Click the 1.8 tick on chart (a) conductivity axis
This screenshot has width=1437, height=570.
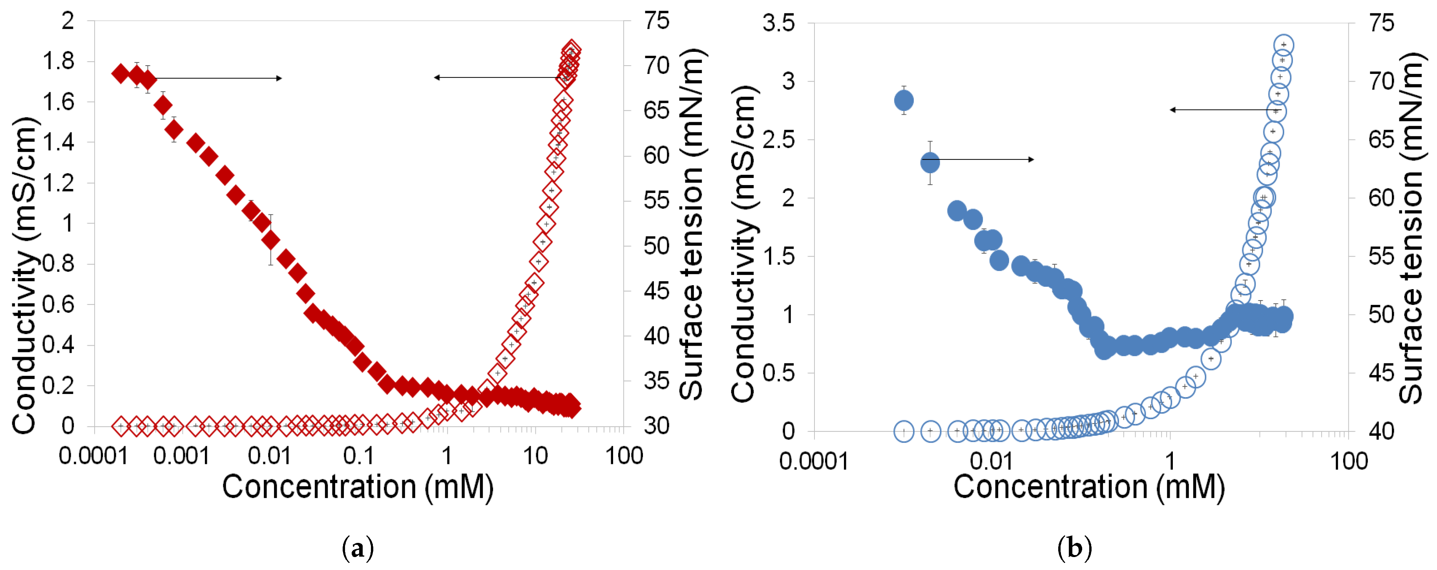(x=58, y=61)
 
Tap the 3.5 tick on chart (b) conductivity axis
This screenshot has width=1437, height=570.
(x=778, y=24)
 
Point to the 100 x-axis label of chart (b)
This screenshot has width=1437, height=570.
(x=1349, y=462)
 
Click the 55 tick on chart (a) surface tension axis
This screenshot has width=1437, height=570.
(x=657, y=200)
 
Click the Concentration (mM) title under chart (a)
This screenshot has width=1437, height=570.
(x=358, y=487)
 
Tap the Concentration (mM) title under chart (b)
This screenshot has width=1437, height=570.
(x=1088, y=487)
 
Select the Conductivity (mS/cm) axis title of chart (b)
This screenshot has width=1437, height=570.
(x=743, y=244)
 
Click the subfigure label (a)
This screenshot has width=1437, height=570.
(x=357, y=548)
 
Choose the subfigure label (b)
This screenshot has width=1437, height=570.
(x=1074, y=548)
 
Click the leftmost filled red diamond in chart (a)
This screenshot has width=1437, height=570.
(x=121, y=73)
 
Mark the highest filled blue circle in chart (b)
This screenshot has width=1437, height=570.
(x=904, y=101)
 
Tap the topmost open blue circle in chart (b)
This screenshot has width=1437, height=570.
(x=1284, y=45)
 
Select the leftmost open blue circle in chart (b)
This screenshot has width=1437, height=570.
(x=904, y=431)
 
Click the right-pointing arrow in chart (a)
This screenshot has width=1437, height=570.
(x=217, y=78)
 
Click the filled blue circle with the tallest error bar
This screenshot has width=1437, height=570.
(x=930, y=163)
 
